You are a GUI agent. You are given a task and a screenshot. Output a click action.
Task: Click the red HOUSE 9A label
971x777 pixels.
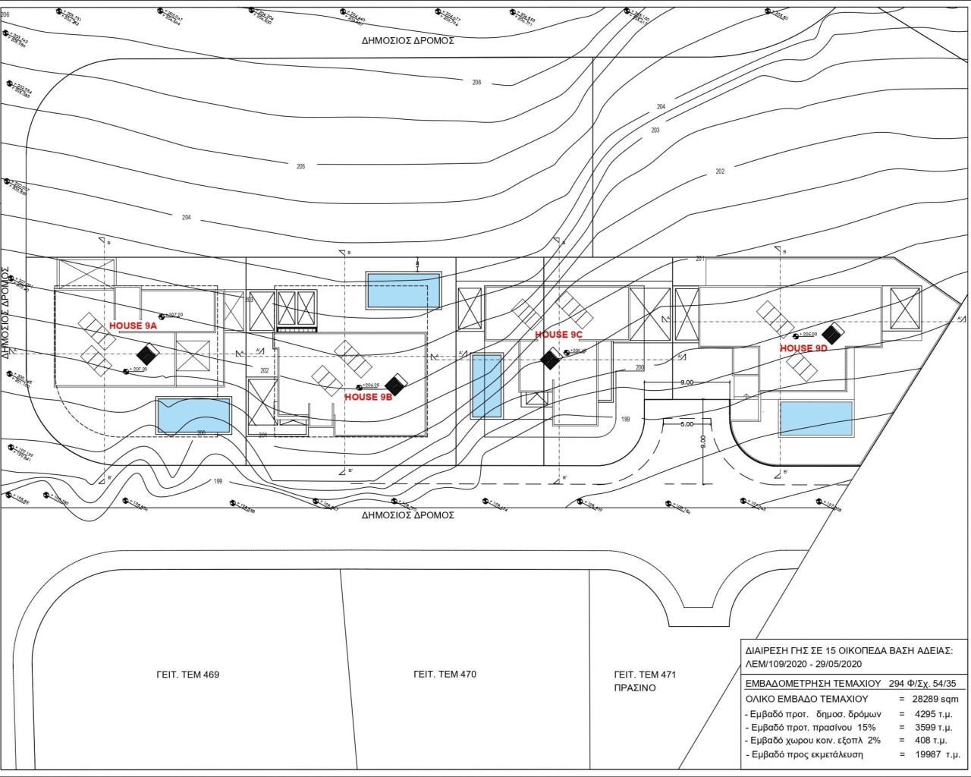pos(133,326)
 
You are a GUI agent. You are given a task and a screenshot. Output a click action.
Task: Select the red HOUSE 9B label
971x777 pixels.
pos(368,397)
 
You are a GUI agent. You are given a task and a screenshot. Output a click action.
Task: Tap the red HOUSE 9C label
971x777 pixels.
pos(558,335)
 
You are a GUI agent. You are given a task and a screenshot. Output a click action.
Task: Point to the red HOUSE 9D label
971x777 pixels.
pos(803,348)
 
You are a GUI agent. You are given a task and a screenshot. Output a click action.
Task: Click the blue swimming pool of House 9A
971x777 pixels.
pos(193,416)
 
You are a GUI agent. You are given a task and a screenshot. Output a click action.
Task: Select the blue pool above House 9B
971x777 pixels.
pos(404,291)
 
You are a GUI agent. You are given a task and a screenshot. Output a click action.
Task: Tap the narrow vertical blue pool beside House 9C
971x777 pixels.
pos(486,386)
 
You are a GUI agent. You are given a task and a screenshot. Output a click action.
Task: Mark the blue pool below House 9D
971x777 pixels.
pos(815,419)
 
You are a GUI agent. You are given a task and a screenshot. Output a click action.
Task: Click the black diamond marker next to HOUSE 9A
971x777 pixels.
pos(146,353)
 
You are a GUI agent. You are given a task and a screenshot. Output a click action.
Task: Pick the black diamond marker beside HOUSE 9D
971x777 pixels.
pos(834,333)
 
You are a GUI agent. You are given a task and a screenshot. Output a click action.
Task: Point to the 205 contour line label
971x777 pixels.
pos(300,166)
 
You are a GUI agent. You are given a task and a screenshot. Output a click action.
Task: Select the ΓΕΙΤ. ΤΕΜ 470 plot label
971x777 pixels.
pos(445,674)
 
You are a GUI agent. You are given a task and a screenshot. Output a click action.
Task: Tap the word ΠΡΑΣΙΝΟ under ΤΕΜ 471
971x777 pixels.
pos(634,688)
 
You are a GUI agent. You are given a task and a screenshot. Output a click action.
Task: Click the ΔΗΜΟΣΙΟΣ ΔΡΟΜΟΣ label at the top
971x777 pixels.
pos(408,41)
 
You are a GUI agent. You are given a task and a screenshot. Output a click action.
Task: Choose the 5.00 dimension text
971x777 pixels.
pos(687,424)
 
